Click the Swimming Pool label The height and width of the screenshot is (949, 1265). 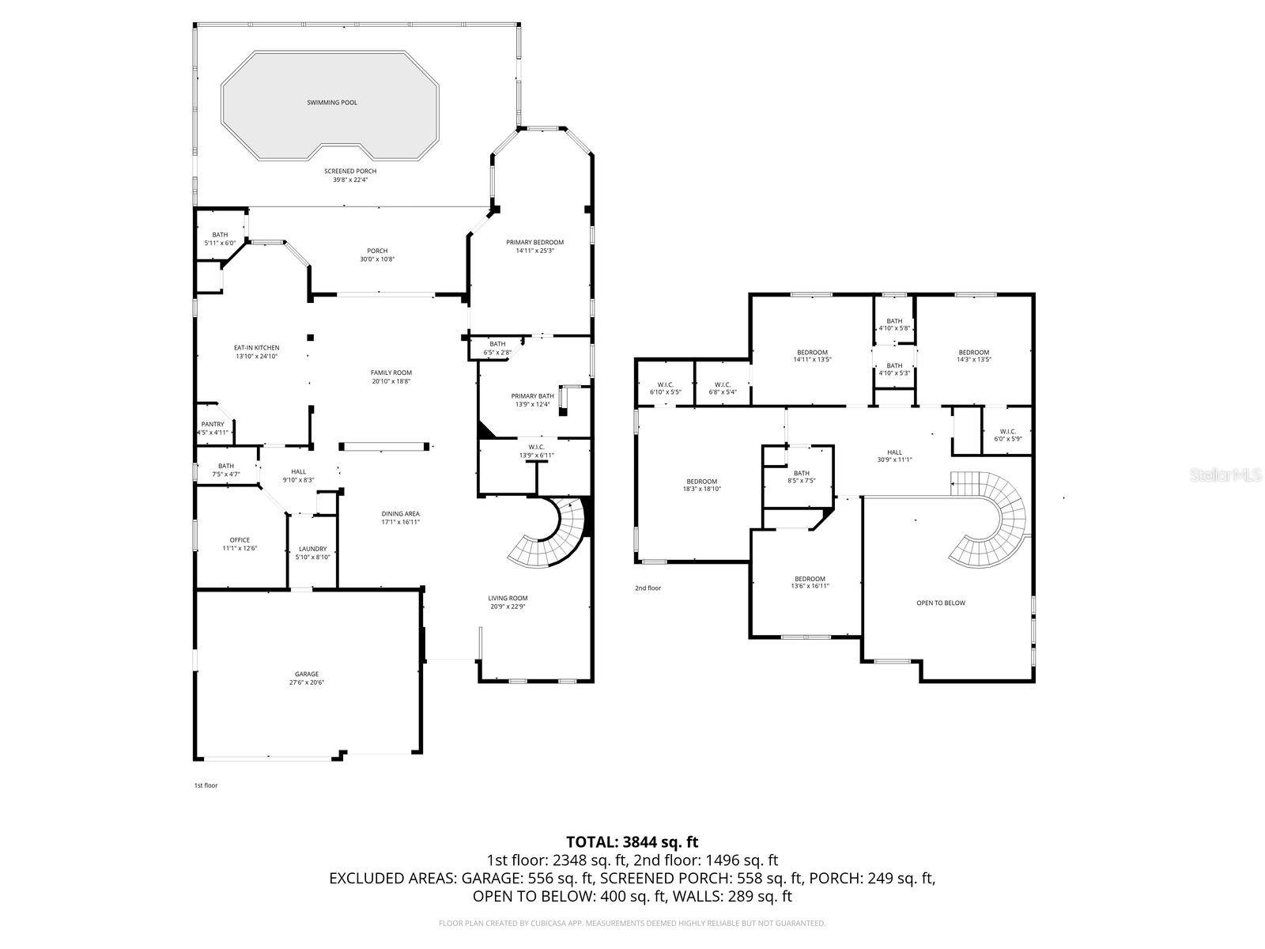click(331, 103)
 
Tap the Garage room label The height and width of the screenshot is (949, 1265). click(307, 675)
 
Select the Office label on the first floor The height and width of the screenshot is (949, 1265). click(240, 540)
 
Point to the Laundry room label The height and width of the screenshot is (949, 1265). click(313, 549)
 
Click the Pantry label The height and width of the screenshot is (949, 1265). click(213, 425)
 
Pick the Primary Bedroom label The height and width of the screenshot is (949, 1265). click(534, 242)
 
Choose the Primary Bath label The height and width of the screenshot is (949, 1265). click(532, 396)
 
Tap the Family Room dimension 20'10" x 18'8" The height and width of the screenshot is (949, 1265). click(391, 381)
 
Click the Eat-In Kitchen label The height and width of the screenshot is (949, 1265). click(256, 348)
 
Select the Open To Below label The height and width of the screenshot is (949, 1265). click(940, 603)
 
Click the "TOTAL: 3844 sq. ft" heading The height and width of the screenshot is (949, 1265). click(632, 842)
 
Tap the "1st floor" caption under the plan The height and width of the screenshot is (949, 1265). click(206, 785)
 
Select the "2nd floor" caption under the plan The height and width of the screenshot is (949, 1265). click(648, 588)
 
